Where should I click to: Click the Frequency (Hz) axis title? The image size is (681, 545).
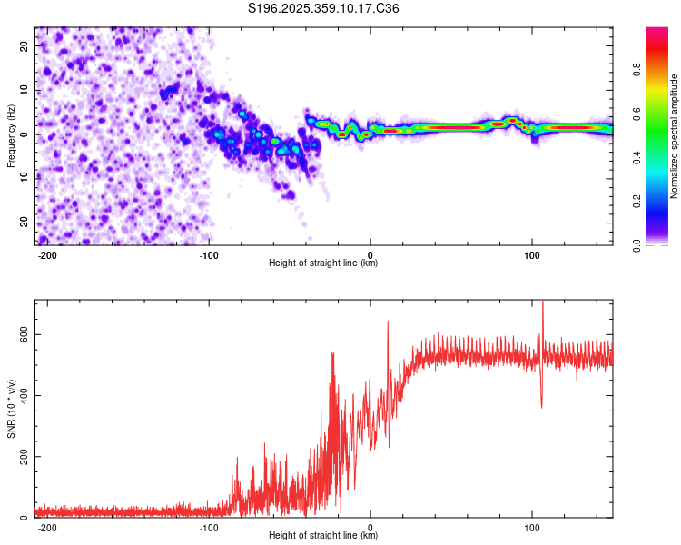[x=11, y=135]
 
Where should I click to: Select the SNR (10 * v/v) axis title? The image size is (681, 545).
[x=11, y=408]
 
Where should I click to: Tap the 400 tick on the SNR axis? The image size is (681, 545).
[x=23, y=395]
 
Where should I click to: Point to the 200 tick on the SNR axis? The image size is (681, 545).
[x=23, y=456]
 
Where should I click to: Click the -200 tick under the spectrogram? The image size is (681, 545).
[x=48, y=253]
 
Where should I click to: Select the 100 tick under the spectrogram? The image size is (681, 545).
[x=531, y=253]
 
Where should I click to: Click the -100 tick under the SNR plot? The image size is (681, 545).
[x=209, y=526]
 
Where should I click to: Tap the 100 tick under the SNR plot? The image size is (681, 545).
[x=531, y=526]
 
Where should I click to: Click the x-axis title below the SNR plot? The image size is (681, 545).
[x=323, y=536]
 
